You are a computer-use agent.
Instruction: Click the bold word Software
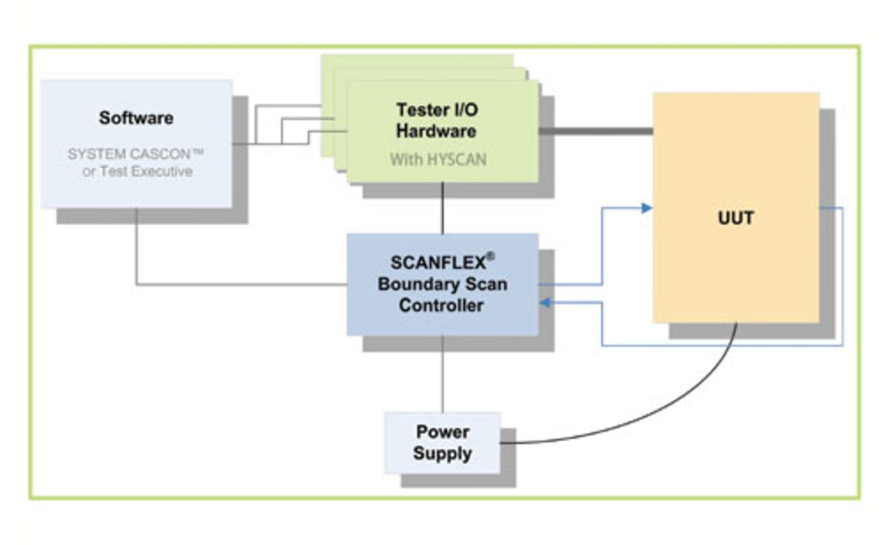136,118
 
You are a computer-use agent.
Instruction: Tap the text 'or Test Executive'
137,172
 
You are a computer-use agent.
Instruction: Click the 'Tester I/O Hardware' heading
436,120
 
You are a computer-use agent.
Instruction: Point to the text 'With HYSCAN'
438,159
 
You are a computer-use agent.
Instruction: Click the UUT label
735,218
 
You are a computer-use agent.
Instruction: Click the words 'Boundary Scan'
442,285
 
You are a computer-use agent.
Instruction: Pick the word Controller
441,305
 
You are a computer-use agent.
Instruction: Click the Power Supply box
442,442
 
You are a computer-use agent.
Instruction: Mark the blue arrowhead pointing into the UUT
647,208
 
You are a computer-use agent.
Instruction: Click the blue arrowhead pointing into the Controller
545,302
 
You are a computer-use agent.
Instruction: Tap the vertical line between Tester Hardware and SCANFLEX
442,208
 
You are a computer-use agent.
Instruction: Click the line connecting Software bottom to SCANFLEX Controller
221,285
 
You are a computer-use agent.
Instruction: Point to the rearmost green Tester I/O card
416,62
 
